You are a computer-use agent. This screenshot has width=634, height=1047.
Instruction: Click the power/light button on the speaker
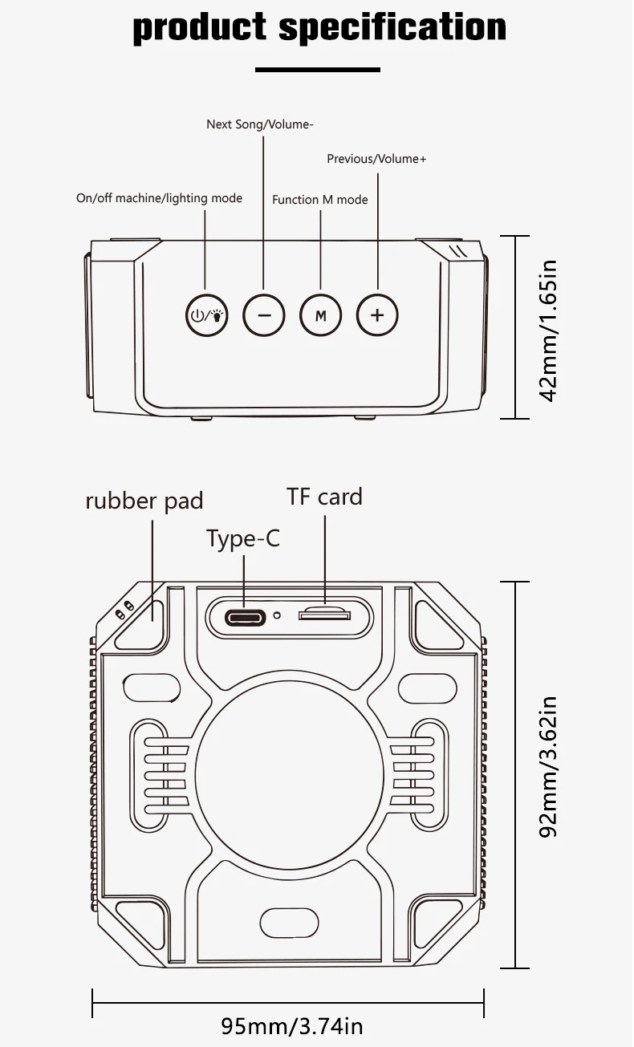pyautogui.click(x=207, y=315)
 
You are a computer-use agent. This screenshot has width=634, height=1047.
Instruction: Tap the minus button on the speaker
pyautogui.click(x=264, y=315)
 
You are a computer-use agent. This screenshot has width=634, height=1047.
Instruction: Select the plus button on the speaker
pyautogui.click(x=377, y=315)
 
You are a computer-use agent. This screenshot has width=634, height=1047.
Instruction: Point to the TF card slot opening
pyautogui.click(x=324, y=615)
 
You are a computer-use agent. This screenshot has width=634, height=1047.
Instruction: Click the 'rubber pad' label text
pyautogui.click(x=144, y=501)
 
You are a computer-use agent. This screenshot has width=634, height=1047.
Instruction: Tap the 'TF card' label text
pyautogui.click(x=324, y=497)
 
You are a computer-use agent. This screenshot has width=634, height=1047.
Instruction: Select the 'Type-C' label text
pyautogui.click(x=243, y=538)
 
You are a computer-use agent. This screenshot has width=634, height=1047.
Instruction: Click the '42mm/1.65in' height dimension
pyautogui.click(x=548, y=327)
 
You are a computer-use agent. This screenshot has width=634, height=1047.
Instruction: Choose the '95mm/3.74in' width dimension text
pyautogui.click(x=292, y=1026)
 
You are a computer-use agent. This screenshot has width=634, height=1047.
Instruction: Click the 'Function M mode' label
pyautogui.click(x=319, y=200)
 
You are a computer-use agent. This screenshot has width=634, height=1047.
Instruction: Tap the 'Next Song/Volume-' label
pyautogui.click(x=260, y=124)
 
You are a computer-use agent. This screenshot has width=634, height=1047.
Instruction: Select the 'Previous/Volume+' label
pyautogui.click(x=376, y=159)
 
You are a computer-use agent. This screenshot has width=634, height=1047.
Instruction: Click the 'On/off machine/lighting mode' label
pyautogui.click(x=159, y=198)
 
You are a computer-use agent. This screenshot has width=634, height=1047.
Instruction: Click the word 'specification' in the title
pyautogui.click(x=392, y=29)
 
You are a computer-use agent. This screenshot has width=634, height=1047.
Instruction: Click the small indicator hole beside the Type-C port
pyautogui.click(x=277, y=616)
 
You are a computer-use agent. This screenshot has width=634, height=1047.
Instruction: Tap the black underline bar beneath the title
pyautogui.click(x=317, y=70)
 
